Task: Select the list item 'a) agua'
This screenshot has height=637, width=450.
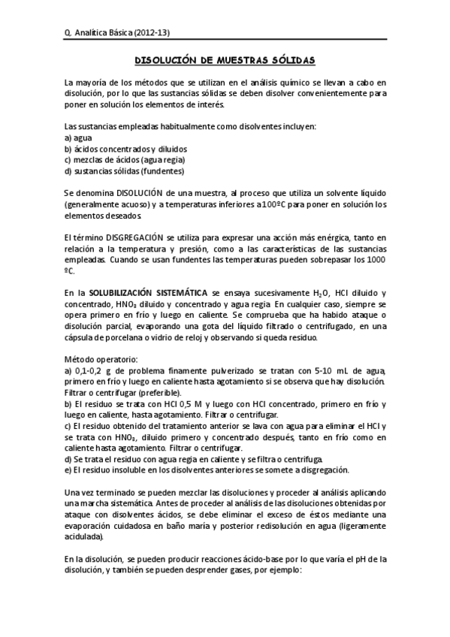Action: (x=77, y=137)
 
